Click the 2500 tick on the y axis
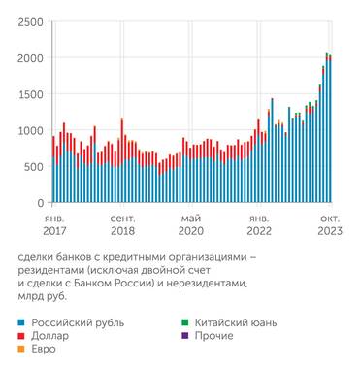[29, 21]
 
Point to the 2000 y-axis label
[29, 58]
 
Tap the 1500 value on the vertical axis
[29, 94]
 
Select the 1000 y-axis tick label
[29, 130]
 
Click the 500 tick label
[32, 166]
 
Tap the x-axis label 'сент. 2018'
[122, 226]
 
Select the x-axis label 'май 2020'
[191, 226]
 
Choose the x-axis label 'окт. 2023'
[327, 226]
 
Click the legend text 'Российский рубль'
[78, 320]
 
